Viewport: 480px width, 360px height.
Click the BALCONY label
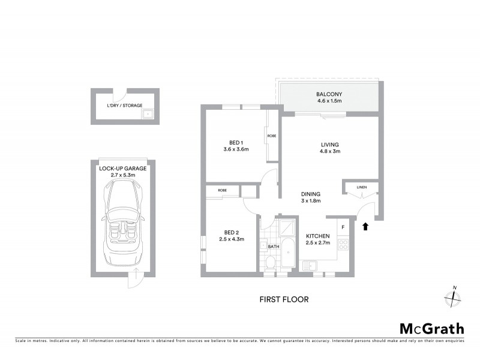click(x=329, y=94)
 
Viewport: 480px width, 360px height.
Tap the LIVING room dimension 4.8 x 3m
click(x=329, y=152)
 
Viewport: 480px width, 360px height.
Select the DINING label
click(x=311, y=194)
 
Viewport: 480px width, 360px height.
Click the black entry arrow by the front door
click(x=365, y=226)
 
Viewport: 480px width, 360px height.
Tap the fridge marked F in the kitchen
click(x=343, y=227)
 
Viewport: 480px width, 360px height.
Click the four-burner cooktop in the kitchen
click(x=344, y=244)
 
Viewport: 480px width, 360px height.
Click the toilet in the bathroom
click(x=271, y=262)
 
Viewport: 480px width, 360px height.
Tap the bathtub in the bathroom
click(x=287, y=254)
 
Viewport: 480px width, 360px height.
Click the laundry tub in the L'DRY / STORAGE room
click(x=147, y=113)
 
